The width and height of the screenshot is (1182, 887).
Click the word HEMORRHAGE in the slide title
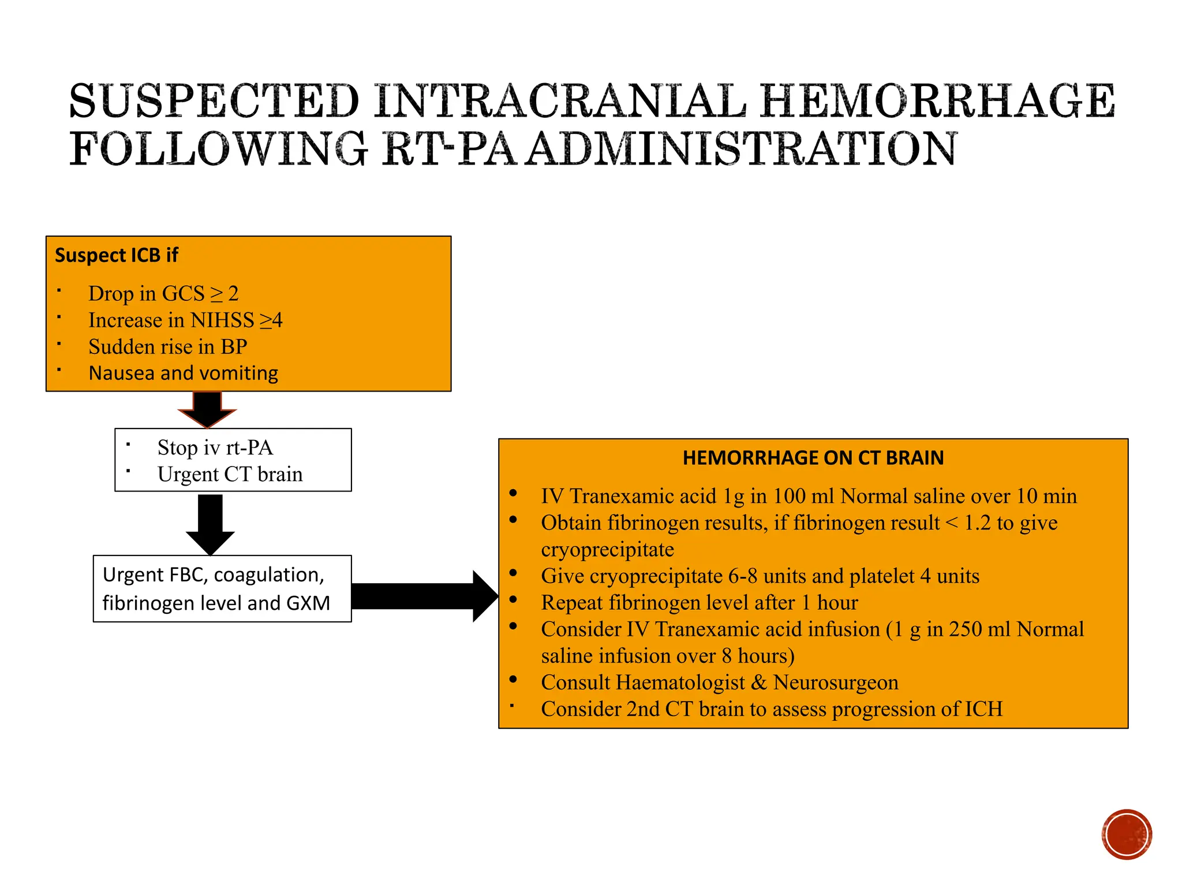(937, 101)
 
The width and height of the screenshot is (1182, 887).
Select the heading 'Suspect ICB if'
(117, 255)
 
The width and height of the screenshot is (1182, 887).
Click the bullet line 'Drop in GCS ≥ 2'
(163, 293)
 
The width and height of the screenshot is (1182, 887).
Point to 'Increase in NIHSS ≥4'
(185, 320)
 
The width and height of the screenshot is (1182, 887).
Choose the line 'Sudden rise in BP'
(167, 346)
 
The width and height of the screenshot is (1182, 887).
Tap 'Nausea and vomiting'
(183, 373)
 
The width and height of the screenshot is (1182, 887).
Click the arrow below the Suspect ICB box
(207, 408)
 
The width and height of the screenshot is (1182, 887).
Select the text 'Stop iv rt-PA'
(215, 448)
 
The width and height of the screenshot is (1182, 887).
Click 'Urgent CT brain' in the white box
(230, 474)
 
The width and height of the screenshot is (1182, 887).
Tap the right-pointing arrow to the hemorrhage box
(424, 596)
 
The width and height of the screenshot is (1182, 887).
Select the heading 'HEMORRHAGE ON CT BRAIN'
(813, 458)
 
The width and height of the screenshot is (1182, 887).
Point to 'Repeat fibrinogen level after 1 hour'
(699, 602)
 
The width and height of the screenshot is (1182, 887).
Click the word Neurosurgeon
(835, 682)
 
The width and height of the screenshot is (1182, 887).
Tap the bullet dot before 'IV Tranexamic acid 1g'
(513, 493)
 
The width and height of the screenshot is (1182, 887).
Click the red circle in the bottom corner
(1126, 834)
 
